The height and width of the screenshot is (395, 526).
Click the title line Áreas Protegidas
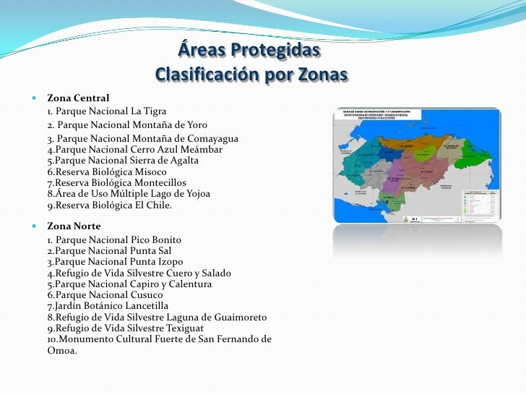point(247,53)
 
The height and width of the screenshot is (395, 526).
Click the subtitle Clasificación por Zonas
point(251,75)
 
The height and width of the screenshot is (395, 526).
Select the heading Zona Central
point(78,97)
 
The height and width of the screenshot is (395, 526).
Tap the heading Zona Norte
point(74,226)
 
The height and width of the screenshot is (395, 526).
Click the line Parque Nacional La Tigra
point(107,111)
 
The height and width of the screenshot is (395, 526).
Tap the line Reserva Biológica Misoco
point(107,172)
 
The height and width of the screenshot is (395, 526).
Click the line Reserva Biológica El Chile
point(110,205)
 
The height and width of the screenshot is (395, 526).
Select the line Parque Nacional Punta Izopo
point(115,262)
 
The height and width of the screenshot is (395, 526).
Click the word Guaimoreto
point(238,318)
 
